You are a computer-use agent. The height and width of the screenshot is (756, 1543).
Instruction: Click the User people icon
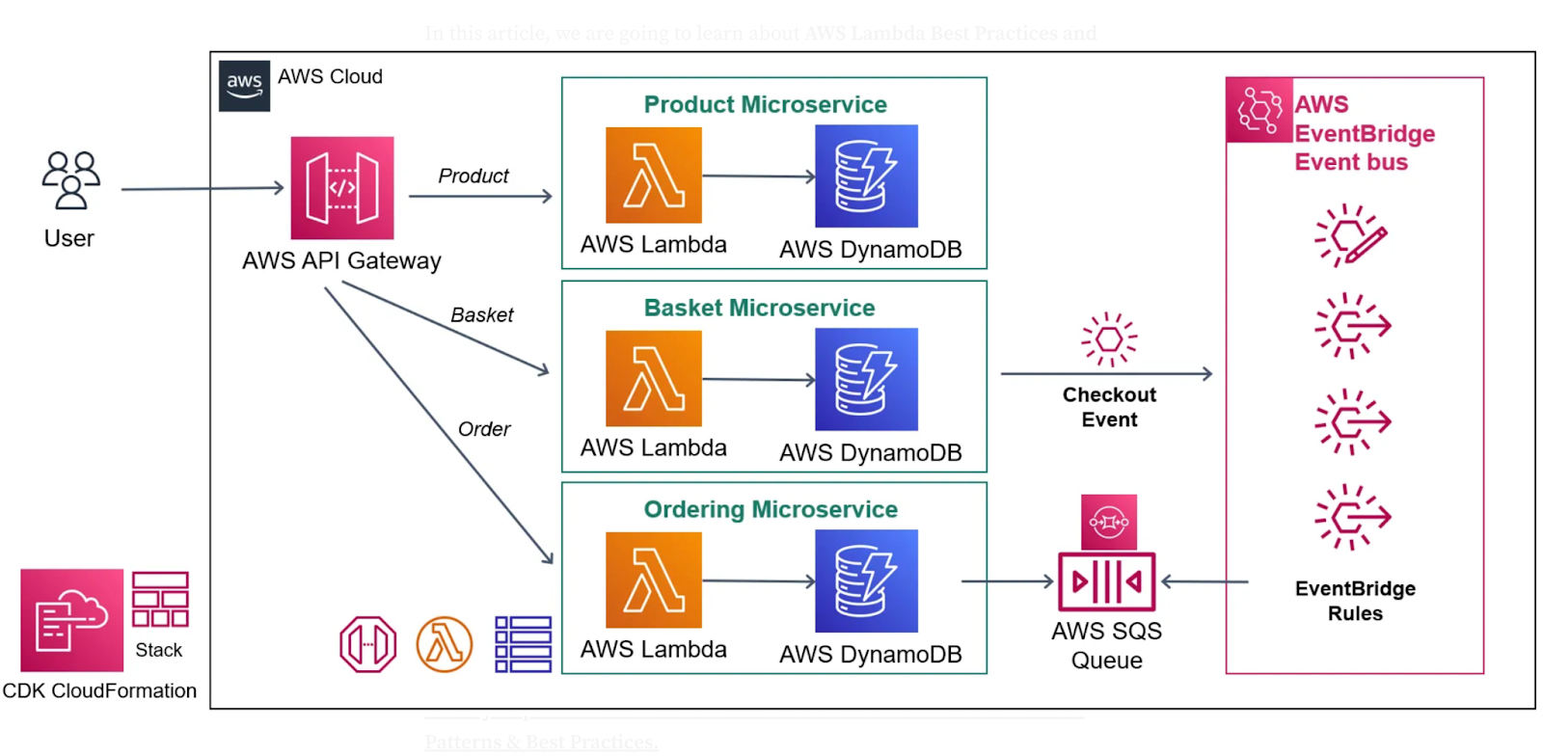[70, 180]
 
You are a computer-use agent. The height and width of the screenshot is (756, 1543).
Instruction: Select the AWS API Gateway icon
[342, 188]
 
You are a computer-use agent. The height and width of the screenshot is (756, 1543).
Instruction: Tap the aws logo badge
[244, 86]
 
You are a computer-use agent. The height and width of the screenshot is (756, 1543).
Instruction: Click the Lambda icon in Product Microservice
[654, 175]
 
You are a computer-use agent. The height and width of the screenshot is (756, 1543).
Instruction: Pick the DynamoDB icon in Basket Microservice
[866, 379]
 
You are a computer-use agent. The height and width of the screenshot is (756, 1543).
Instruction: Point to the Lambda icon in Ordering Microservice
[654, 580]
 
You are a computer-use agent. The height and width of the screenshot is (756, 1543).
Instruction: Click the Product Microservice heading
[765, 104]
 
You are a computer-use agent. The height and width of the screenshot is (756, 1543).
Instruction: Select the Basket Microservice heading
[759, 308]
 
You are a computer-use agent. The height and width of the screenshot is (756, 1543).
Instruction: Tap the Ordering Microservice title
[771, 509]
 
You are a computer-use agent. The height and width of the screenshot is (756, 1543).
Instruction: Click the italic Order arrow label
[484, 429]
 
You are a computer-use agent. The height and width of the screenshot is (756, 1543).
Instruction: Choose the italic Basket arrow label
[482, 315]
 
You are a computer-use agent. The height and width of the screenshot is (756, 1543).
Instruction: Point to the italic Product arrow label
[474, 176]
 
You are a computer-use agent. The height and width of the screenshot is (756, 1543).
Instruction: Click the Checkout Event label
[1109, 407]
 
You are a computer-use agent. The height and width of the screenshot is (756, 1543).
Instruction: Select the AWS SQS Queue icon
[1107, 581]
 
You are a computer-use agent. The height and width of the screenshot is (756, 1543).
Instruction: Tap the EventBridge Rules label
[1355, 601]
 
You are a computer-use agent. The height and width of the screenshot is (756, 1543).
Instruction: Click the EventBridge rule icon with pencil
[1351, 234]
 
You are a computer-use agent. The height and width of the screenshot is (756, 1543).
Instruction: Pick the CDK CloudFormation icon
[72, 620]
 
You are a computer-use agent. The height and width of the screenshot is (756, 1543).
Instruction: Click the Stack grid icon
[160, 600]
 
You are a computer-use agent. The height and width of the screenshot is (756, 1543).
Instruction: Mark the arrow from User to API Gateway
[203, 189]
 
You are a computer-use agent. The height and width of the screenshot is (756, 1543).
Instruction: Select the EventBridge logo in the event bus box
[1259, 110]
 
